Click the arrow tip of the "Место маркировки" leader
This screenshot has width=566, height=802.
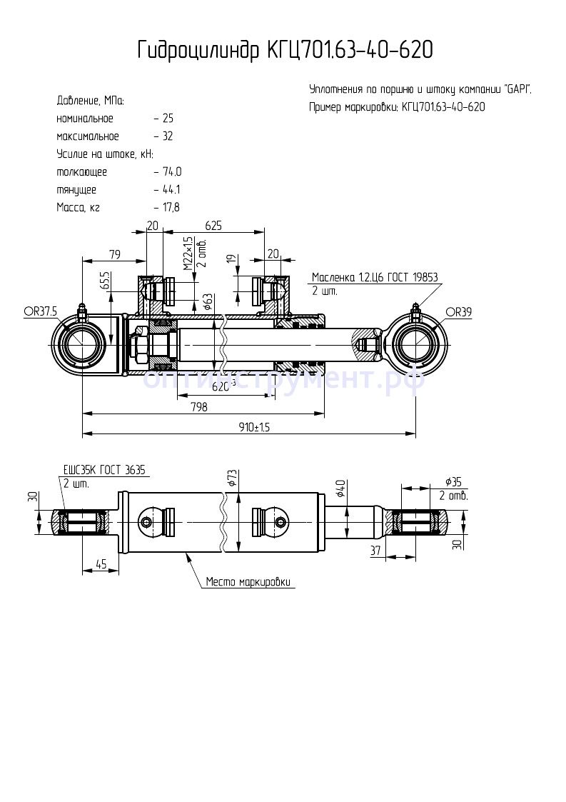click(x=186, y=553)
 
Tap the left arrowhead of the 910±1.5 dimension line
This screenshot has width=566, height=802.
click(x=86, y=433)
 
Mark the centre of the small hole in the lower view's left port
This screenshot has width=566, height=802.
click(x=147, y=522)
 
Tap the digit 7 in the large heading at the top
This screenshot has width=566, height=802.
click(x=304, y=50)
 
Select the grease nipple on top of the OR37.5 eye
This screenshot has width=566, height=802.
click(x=81, y=312)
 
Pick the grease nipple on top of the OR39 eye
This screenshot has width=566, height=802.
click(x=416, y=312)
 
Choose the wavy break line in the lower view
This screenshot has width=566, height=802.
click(x=223, y=522)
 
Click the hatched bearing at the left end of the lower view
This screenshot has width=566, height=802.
click(x=82, y=522)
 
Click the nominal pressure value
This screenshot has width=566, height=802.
click(x=168, y=119)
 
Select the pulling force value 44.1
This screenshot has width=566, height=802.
click(x=171, y=190)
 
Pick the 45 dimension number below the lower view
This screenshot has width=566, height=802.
click(x=101, y=564)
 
